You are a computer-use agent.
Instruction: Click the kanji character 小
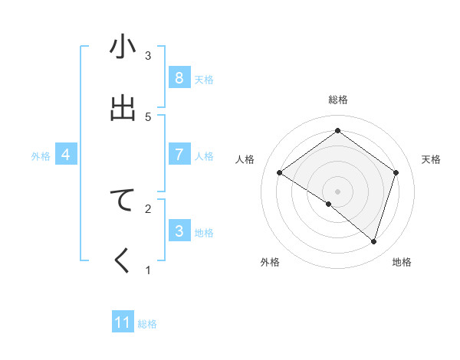click(x=123, y=47)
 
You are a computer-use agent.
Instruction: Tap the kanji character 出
click(x=123, y=108)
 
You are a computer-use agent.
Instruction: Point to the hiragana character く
click(x=123, y=261)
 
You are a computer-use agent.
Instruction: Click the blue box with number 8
click(x=179, y=78)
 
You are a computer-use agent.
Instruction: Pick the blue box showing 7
click(x=179, y=155)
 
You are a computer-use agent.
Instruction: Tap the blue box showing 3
click(x=179, y=231)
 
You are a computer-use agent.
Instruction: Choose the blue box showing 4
click(x=66, y=155)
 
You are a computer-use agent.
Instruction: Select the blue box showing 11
click(x=123, y=322)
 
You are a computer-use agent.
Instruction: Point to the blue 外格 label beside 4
click(x=41, y=155)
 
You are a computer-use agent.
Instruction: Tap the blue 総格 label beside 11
click(x=147, y=323)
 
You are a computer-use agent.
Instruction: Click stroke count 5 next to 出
click(x=148, y=116)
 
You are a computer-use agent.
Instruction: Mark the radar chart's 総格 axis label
click(x=338, y=100)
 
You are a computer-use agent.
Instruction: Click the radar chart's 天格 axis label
click(x=432, y=159)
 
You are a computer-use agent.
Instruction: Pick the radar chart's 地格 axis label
click(x=402, y=262)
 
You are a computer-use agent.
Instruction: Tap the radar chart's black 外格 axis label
click(x=270, y=262)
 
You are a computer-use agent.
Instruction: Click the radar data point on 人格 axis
click(x=280, y=173)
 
